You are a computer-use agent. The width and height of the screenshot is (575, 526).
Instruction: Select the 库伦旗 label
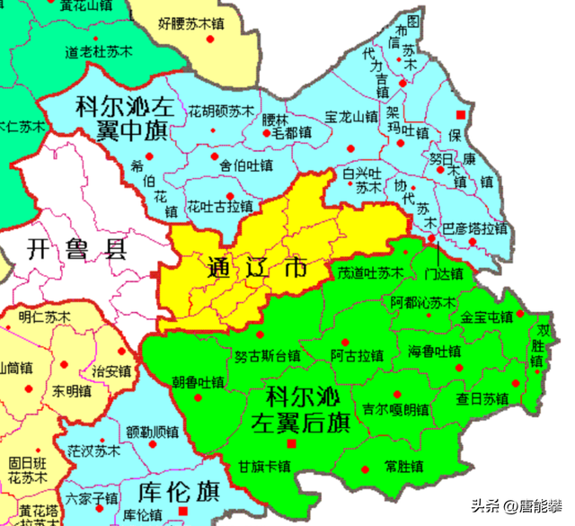click(181, 493)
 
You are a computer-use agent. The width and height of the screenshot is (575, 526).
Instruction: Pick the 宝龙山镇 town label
click(351, 118)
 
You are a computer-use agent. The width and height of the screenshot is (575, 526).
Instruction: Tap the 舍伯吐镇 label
click(245, 165)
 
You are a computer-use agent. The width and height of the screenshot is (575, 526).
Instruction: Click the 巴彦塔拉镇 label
click(475, 228)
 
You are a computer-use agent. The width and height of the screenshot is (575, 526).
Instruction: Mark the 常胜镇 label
click(403, 467)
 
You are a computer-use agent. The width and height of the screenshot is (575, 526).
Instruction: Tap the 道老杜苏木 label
click(98, 53)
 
